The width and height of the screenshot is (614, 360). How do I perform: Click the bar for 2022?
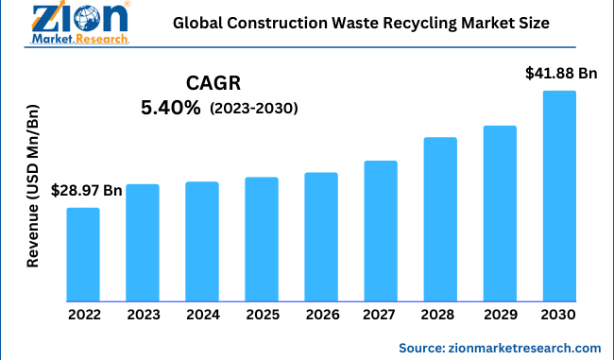point(83,254)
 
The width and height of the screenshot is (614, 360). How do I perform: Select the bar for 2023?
point(143,243)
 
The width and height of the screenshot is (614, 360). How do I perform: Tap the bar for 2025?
point(262,239)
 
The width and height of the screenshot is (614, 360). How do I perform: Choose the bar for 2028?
point(440,219)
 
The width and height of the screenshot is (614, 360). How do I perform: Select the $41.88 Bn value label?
point(562,74)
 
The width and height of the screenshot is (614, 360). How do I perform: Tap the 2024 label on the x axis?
point(202,315)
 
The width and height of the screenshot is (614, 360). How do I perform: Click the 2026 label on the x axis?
point(321,315)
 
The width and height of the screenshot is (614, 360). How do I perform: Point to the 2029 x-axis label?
point(500,315)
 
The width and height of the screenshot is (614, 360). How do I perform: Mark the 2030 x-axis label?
point(559,315)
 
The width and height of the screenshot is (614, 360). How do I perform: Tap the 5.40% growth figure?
point(170,109)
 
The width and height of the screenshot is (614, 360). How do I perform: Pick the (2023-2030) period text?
point(254,110)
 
